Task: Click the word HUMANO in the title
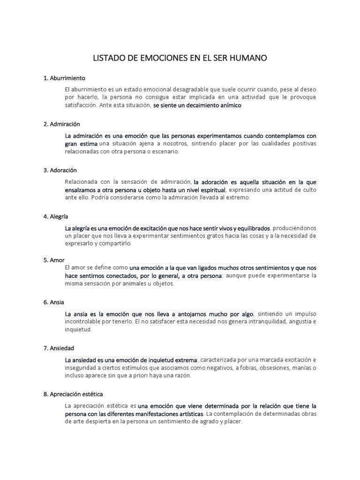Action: point(246,58)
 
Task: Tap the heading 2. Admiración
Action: point(62,124)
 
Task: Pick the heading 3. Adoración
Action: point(60,170)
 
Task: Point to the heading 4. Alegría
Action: point(56,216)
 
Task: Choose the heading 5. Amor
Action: point(54,260)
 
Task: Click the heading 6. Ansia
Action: point(54,302)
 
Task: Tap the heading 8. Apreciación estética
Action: point(73,394)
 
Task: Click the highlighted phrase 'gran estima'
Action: point(81,143)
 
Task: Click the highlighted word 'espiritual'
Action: point(210,190)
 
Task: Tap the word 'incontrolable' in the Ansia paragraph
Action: point(82,322)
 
